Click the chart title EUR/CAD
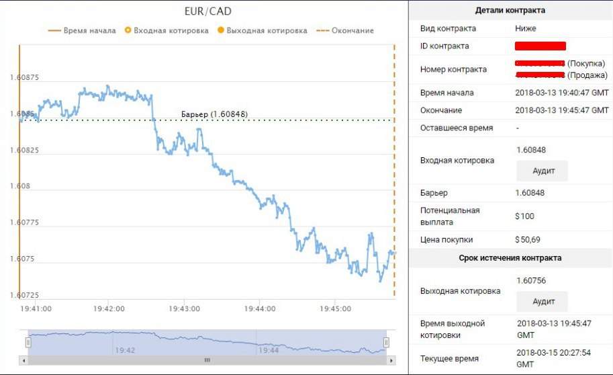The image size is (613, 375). point(207,11)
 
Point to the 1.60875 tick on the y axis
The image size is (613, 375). point(23,77)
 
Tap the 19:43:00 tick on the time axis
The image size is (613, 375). point(185,309)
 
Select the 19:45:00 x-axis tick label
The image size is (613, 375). point(336,309)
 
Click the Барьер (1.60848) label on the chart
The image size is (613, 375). point(214,114)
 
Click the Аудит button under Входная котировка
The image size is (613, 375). point(542,171)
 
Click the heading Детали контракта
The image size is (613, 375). point(510,10)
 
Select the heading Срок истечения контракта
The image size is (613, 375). point(510,258)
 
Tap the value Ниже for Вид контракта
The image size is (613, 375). point(526,29)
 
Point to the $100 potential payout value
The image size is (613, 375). point(524,216)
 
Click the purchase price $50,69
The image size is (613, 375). point(527,239)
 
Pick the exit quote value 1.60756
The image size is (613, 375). point(531,280)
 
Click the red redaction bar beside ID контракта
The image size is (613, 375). point(540,46)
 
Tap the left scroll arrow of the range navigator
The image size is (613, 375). point(24,360)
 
